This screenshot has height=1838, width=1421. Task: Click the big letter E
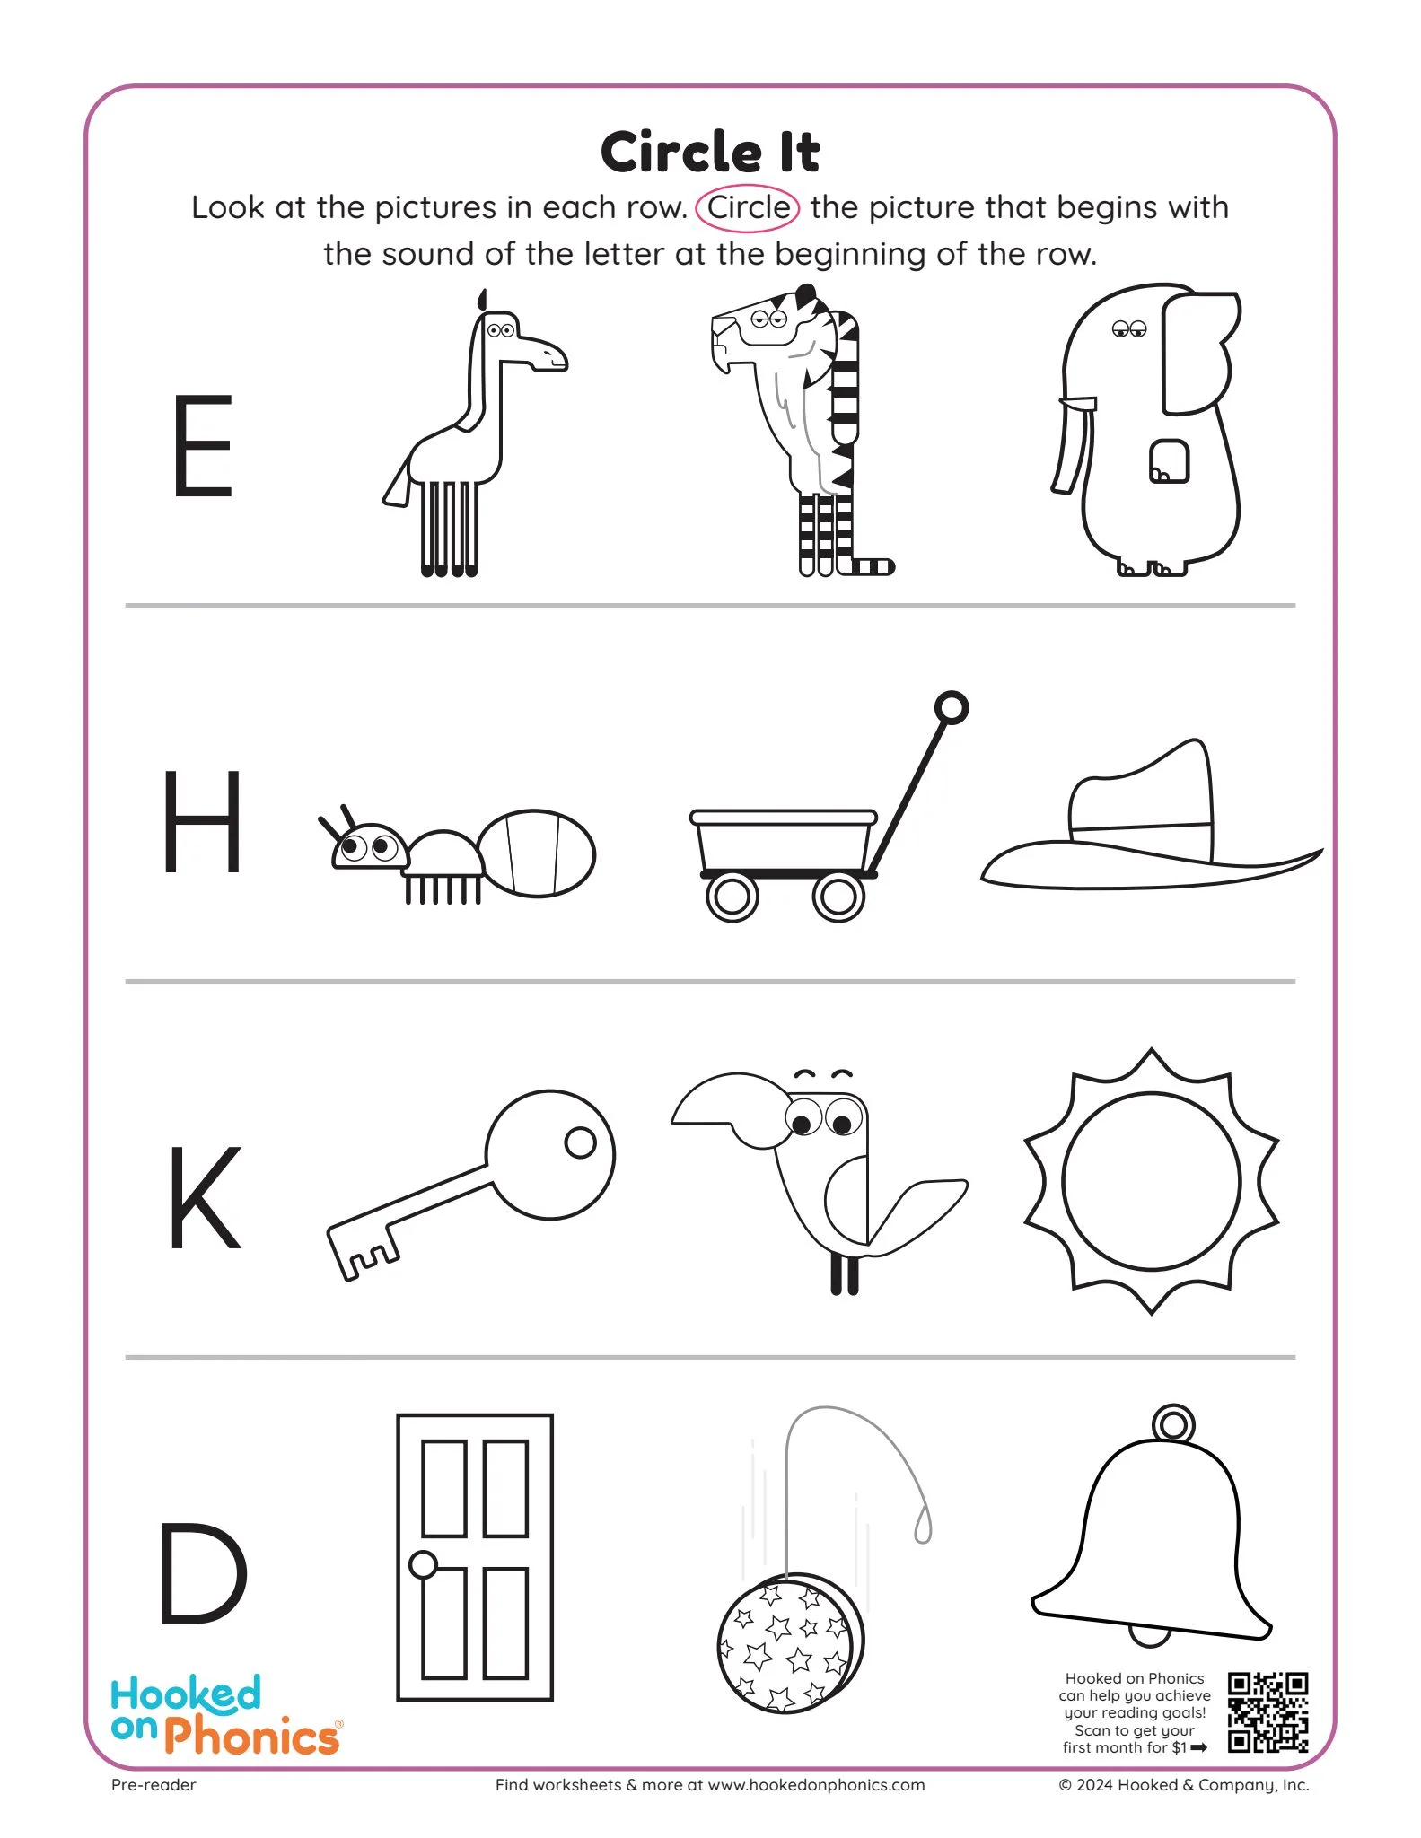point(203,445)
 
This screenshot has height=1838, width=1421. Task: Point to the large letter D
point(202,1574)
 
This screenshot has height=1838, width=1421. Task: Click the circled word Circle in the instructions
point(748,208)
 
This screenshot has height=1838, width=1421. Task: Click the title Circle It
point(710,152)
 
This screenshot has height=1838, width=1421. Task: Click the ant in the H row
point(458,853)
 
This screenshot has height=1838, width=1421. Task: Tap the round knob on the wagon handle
point(952,708)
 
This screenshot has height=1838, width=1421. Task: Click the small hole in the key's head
point(580,1142)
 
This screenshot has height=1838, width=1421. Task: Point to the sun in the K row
point(1152,1181)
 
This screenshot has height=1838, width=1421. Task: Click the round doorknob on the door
point(423,1565)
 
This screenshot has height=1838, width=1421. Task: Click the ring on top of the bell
point(1173,1423)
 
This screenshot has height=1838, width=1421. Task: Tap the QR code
point(1267,1711)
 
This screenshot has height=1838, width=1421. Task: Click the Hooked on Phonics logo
point(224,1714)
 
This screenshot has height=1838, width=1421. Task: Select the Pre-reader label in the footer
point(154,1785)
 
